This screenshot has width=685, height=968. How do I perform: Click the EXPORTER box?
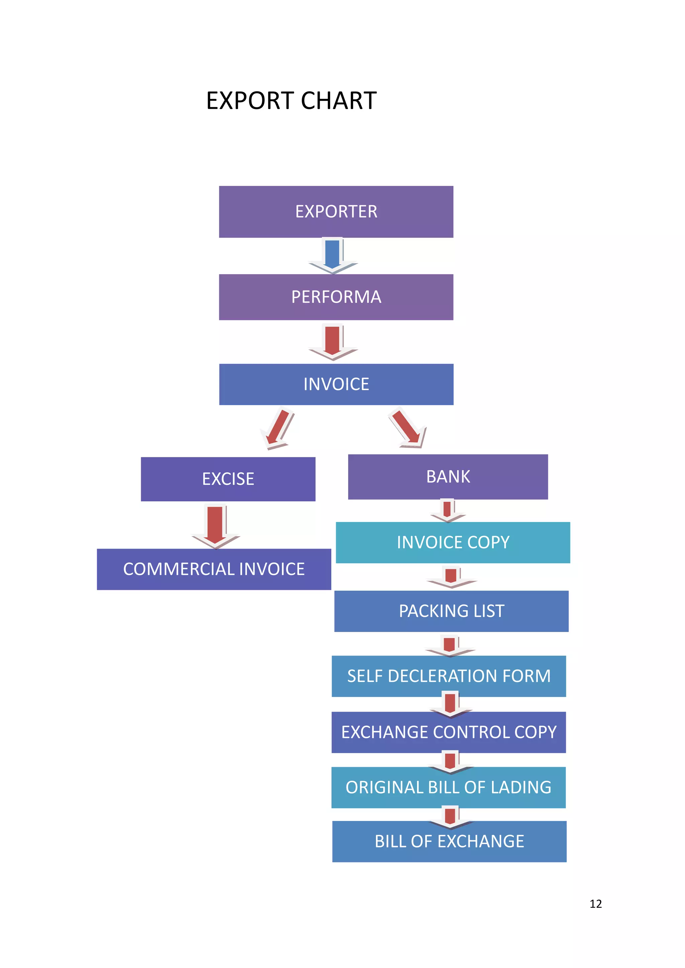pyautogui.click(x=336, y=212)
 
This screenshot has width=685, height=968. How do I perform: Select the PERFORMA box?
pyautogui.click(x=336, y=297)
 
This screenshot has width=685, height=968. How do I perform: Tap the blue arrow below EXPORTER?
pyautogui.click(x=333, y=255)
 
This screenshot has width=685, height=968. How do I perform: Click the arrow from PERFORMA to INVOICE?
pyautogui.click(x=333, y=342)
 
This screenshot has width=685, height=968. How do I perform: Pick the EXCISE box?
pyautogui.click(x=228, y=479)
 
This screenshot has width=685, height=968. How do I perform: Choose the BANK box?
pyautogui.click(x=448, y=477)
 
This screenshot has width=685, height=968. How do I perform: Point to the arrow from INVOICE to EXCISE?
pyautogui.click(x=278, y=428)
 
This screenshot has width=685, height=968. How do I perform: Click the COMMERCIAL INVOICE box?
pyautogui.click(x=214, y=569)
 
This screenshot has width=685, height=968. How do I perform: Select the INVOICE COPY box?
pyautogui.click(x=453, y=542)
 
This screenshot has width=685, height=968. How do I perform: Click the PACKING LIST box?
pyautogui.click(x=451, y=611)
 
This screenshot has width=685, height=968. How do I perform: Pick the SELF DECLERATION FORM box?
pyautogui.click(x=449, y=676)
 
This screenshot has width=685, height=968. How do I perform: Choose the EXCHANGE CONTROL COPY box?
pyautogui.click(x=449, y=732)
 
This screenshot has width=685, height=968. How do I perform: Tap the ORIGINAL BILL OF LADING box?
pyautogui.click(x=449, y=787)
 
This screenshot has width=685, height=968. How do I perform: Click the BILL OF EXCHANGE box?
pyautogui.click(x=449, y=842)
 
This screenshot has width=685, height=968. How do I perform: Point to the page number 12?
pyautogui.click(x=596, y=903)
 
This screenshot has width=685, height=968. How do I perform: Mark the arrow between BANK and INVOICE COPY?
pyautogui.click(x=448, y=510)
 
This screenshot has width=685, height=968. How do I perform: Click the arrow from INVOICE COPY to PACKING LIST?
pyautogui.click(x=451, y=577)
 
